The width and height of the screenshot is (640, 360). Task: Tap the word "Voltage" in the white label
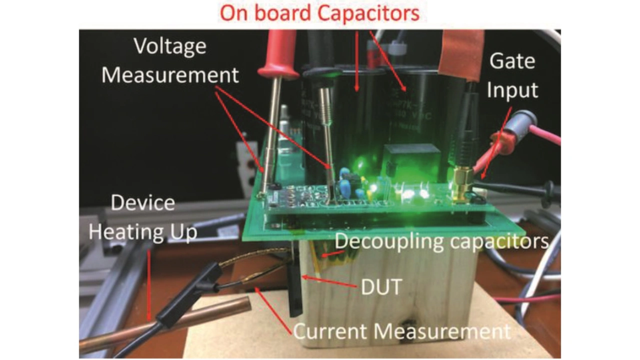(x=170, y=46)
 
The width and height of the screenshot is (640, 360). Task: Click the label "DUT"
(x=381, y=286)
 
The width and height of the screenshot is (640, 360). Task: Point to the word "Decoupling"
(x=390, y=241)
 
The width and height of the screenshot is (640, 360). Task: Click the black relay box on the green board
(x=411, y=155)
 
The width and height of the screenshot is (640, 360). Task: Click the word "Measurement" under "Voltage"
(x=170, y=75)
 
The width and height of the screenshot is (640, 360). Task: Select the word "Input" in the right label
(x=512, y=90)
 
